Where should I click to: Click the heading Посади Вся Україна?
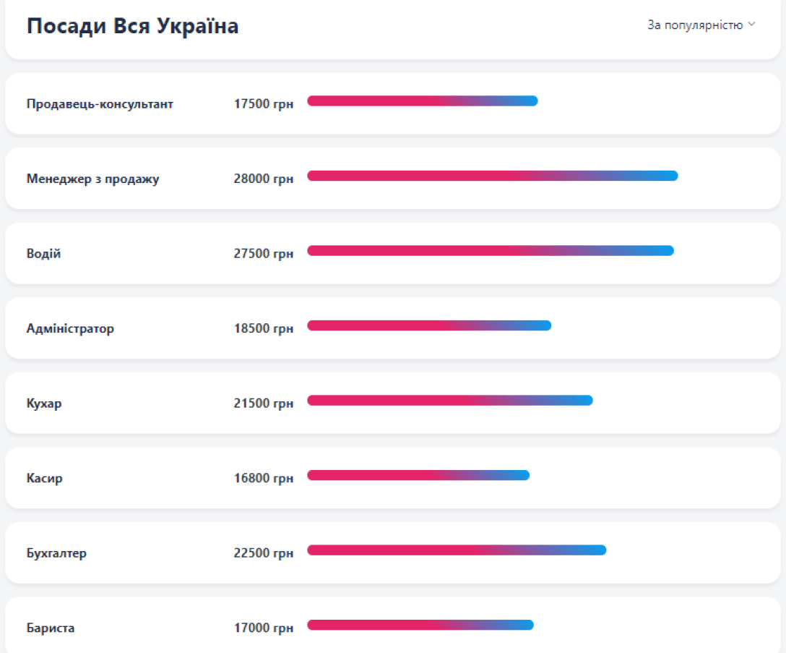132,26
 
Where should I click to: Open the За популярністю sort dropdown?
701,25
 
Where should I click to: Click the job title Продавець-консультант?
100,104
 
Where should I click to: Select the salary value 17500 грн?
263,104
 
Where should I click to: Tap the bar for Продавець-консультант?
422,101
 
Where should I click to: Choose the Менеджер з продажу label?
92,179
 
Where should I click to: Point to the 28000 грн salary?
263,179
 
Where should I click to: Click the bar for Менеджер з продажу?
492,176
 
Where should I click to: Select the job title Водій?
43,254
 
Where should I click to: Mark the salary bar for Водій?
490,251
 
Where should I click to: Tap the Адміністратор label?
70,328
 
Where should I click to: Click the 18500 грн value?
263,328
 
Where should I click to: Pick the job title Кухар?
44,404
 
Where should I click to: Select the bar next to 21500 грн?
449,401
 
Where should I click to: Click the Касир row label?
44,478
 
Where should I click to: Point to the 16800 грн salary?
263,478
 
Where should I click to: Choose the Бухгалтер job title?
56,553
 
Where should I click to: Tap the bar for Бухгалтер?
456,550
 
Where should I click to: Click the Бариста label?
51,628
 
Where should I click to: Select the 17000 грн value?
263,628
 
